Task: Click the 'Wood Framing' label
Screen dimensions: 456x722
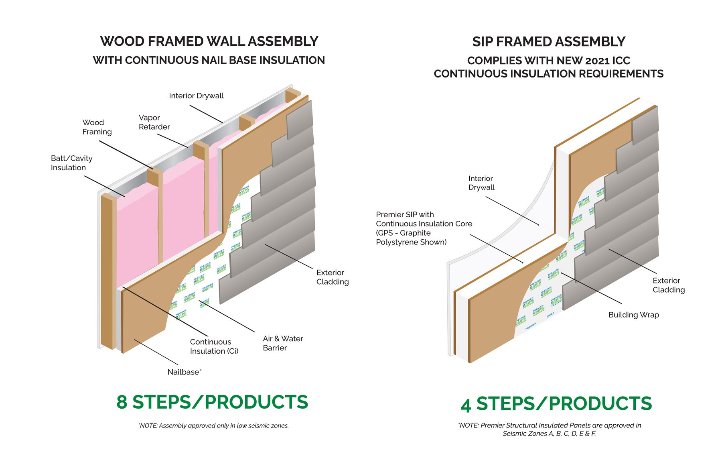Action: [97, 127]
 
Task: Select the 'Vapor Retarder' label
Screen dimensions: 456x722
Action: [154, 122]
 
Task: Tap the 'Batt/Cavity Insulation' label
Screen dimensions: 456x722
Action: [71, 163]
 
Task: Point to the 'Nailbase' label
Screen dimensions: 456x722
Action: [184, 372]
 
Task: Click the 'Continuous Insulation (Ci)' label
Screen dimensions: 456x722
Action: [214, 346]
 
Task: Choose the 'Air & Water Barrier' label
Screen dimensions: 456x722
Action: [282, 343]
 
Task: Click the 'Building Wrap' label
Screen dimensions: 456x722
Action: [633, 315]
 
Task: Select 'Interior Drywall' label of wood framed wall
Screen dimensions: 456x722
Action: [196, 96]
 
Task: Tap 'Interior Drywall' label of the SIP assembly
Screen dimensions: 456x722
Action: [481, 183]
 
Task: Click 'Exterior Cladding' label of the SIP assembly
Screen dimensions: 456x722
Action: [668, 285]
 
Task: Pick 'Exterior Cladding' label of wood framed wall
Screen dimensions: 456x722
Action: [332, 277]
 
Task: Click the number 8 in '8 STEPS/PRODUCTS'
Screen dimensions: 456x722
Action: [122, 402]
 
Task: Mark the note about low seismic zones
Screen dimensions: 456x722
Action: [213, 425]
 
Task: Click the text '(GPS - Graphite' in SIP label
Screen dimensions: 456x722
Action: [403, 233]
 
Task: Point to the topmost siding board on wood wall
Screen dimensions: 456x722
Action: [300, 119]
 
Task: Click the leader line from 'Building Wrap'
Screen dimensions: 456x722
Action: [592, 288]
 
